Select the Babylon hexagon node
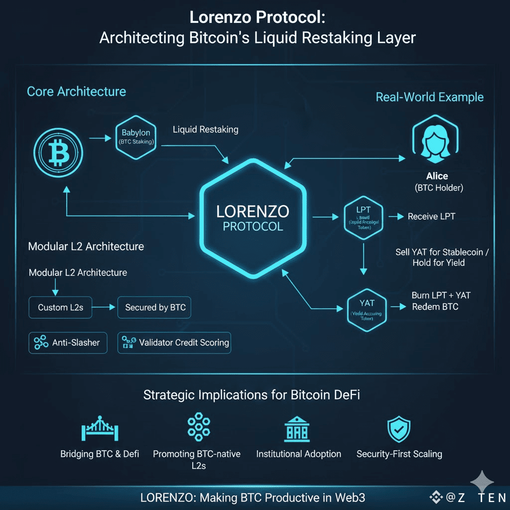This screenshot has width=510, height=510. click(x=136, y=137)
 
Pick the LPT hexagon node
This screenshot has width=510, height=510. click(x=364, y=217)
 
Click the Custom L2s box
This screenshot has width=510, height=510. click(x=60, y=307)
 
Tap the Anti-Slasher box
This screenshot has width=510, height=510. click(x=68, y=343)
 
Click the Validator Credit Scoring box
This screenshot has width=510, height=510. click(x=174, y=343)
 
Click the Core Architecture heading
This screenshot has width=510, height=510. click(x=76, y=92)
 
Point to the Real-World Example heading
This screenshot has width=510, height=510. click(x=429, y=97)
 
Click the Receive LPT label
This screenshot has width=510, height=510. click(x=431, y=217)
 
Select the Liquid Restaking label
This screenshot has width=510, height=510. click(x=205, y=129)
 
